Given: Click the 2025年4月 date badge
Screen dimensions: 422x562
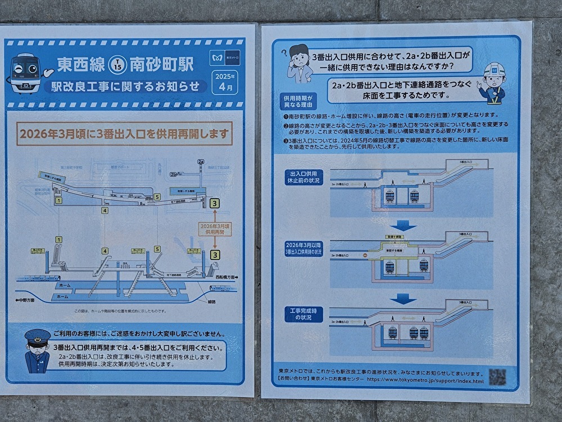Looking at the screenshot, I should tap(225, 82).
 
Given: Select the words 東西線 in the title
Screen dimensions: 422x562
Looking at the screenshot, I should tap(81, 65).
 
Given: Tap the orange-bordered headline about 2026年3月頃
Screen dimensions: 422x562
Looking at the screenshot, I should tap(125, 134).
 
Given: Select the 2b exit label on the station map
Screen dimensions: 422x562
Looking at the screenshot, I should tap(174, 174).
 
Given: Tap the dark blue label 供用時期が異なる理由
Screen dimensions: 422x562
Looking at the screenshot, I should tap(299, 101).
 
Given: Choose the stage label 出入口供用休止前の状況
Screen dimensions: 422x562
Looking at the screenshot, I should tap(303, 177).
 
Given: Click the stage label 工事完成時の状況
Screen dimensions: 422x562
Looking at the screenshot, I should tap(303, 315).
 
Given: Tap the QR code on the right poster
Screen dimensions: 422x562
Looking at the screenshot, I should tap(497, 376).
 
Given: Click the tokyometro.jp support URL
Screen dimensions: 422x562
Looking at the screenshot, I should tap(425, 381).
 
